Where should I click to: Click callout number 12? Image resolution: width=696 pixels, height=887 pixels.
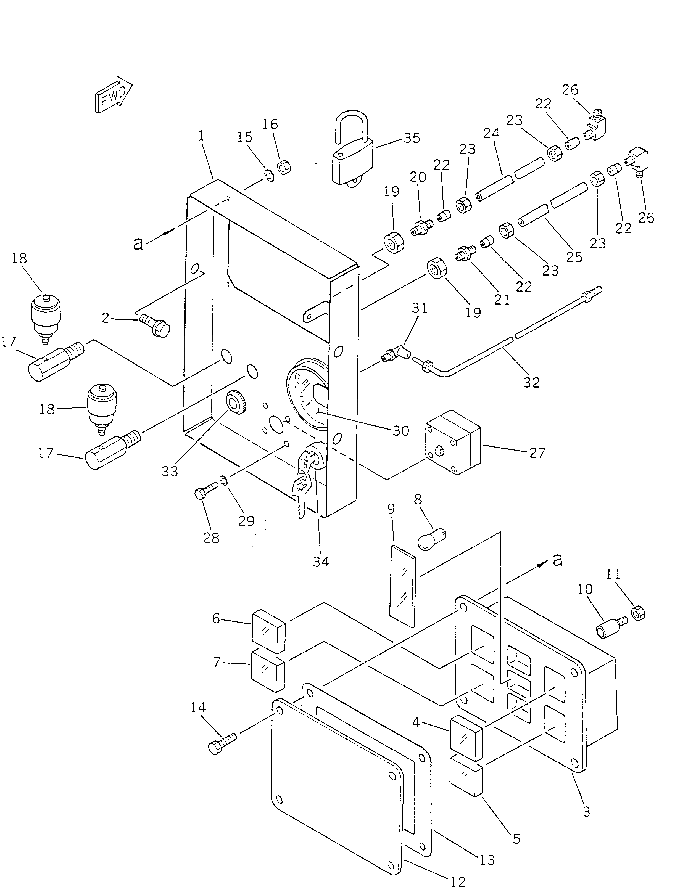click(458, 882)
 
